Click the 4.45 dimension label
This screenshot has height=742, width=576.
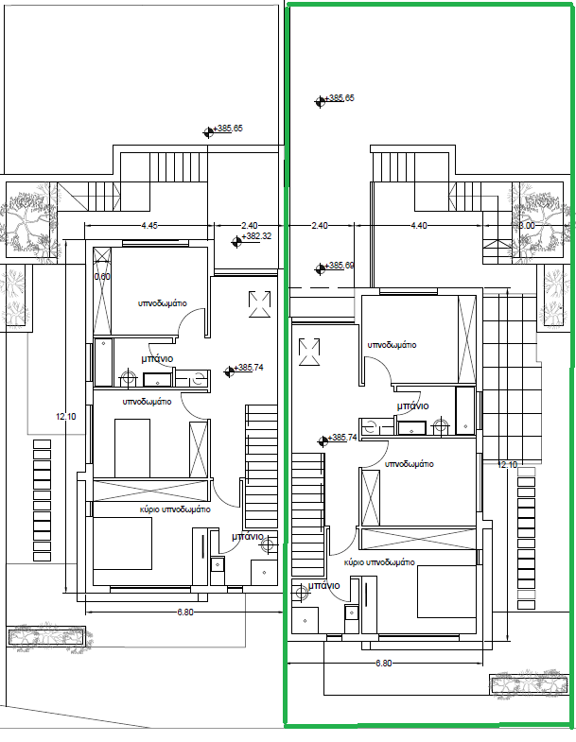point(149,226)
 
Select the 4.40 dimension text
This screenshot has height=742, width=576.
point(419,226)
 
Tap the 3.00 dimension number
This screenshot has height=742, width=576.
point(527,226)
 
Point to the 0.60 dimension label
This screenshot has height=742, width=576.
point(102,276)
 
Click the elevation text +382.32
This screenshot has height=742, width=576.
point(256,236)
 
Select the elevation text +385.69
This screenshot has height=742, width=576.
point(340,266)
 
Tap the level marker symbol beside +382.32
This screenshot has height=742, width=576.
point(236,242)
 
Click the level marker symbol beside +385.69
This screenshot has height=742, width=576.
point(320,269)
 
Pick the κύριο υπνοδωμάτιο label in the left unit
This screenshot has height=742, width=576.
point(175,509)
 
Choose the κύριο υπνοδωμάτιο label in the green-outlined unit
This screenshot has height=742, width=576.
point(379,562)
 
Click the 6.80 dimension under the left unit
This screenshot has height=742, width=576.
point(185,612)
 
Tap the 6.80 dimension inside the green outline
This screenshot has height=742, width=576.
point(384,664)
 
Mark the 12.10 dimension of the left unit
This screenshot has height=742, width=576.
point(66,417)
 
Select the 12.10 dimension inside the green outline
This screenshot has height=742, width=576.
point(507,465)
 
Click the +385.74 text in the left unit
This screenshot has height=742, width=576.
point(249,367)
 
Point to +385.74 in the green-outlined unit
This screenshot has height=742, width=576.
point(342,438)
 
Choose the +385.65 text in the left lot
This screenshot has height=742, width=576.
point(228,129)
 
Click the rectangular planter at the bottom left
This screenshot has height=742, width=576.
point(47,636)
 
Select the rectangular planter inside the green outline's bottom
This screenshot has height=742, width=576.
point(529,686)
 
